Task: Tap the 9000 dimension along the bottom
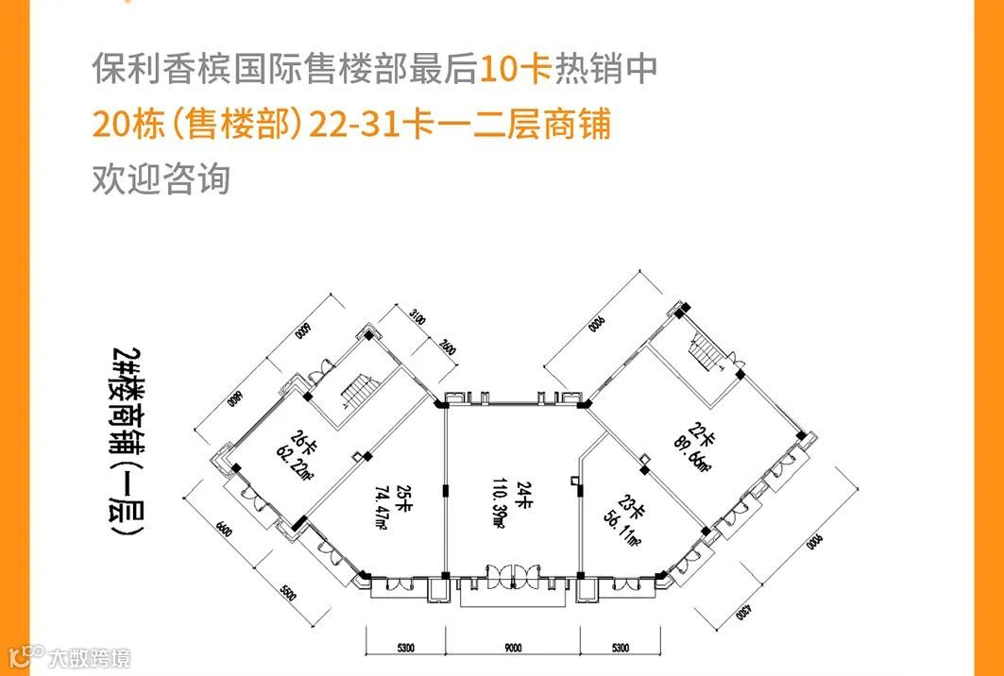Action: coord(513,648)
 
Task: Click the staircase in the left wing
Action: coord(359,390)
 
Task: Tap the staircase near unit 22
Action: coord(705,356)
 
